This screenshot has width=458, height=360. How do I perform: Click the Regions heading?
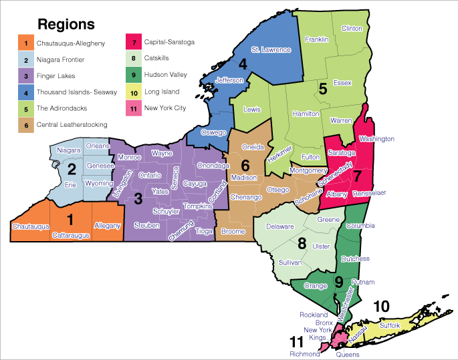coord(66,25)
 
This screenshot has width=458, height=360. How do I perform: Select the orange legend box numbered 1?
coord(25,43)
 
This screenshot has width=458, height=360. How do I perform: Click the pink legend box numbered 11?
coord(133,108)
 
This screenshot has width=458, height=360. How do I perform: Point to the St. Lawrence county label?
coord(271,49)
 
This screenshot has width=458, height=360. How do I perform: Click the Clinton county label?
coord(352,29)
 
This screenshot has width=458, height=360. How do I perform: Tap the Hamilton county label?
coord(306,114)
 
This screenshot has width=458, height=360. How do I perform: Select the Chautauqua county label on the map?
coord(31,227)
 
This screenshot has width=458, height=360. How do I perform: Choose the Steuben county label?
coord(147,226)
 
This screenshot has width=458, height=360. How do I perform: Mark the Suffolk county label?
coord(389,325)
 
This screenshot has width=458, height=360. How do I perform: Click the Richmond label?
coord(305,355)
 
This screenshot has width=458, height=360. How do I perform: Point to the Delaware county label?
coord(280,227)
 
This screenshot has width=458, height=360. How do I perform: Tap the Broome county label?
coord(233,231)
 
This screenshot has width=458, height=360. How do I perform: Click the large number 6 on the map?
coord(245,165)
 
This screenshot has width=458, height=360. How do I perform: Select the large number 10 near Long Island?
coord(380,306)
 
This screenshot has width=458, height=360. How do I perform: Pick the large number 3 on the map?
coord(138,198)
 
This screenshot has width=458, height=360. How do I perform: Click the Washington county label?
coord(376,139)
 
